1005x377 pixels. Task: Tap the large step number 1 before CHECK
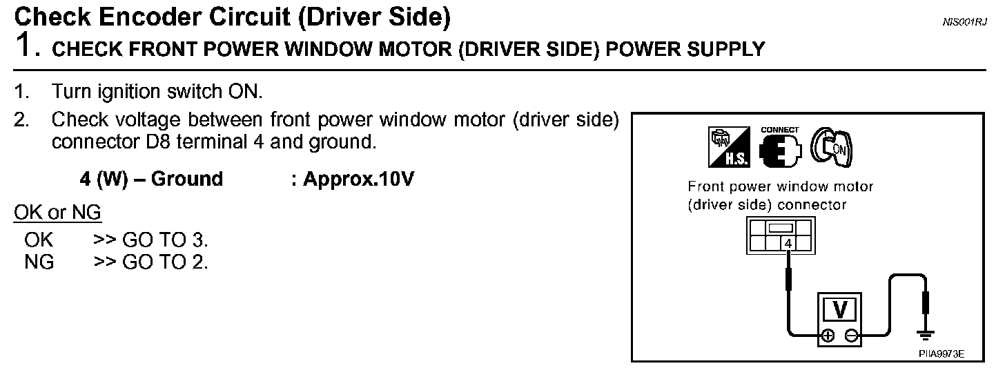pos(26,46)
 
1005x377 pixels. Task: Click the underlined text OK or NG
pos(57,213)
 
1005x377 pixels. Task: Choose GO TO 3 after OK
pos(164,241)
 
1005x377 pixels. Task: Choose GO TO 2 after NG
pos(164,262)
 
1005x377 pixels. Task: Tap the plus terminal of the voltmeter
pos(826,336)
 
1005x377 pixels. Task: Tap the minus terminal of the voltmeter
pos(852,336)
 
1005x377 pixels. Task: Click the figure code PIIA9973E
pos(941,353)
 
